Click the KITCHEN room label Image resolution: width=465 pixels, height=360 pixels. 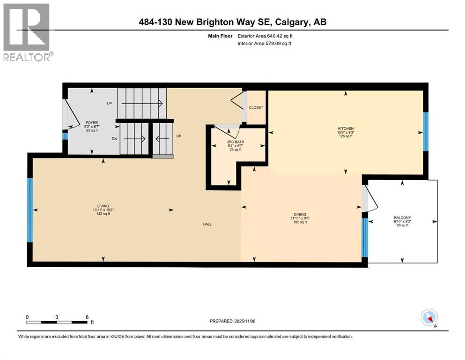pyautogui.click(x=346, y=128)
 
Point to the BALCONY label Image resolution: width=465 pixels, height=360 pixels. pyautogui.click(x=402, y=217)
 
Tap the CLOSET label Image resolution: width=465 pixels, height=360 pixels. pyautogui.click(x=256, y=107)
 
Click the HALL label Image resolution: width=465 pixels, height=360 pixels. pyautogui.click(x=207, y=224)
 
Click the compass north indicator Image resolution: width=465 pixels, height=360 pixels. pyautogui.click(x=430, y=319)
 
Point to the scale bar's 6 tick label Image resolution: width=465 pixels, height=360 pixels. pyautogui.click(x=87, y=317)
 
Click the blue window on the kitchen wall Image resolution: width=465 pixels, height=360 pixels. pyautogui.click(x=425, y=132)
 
